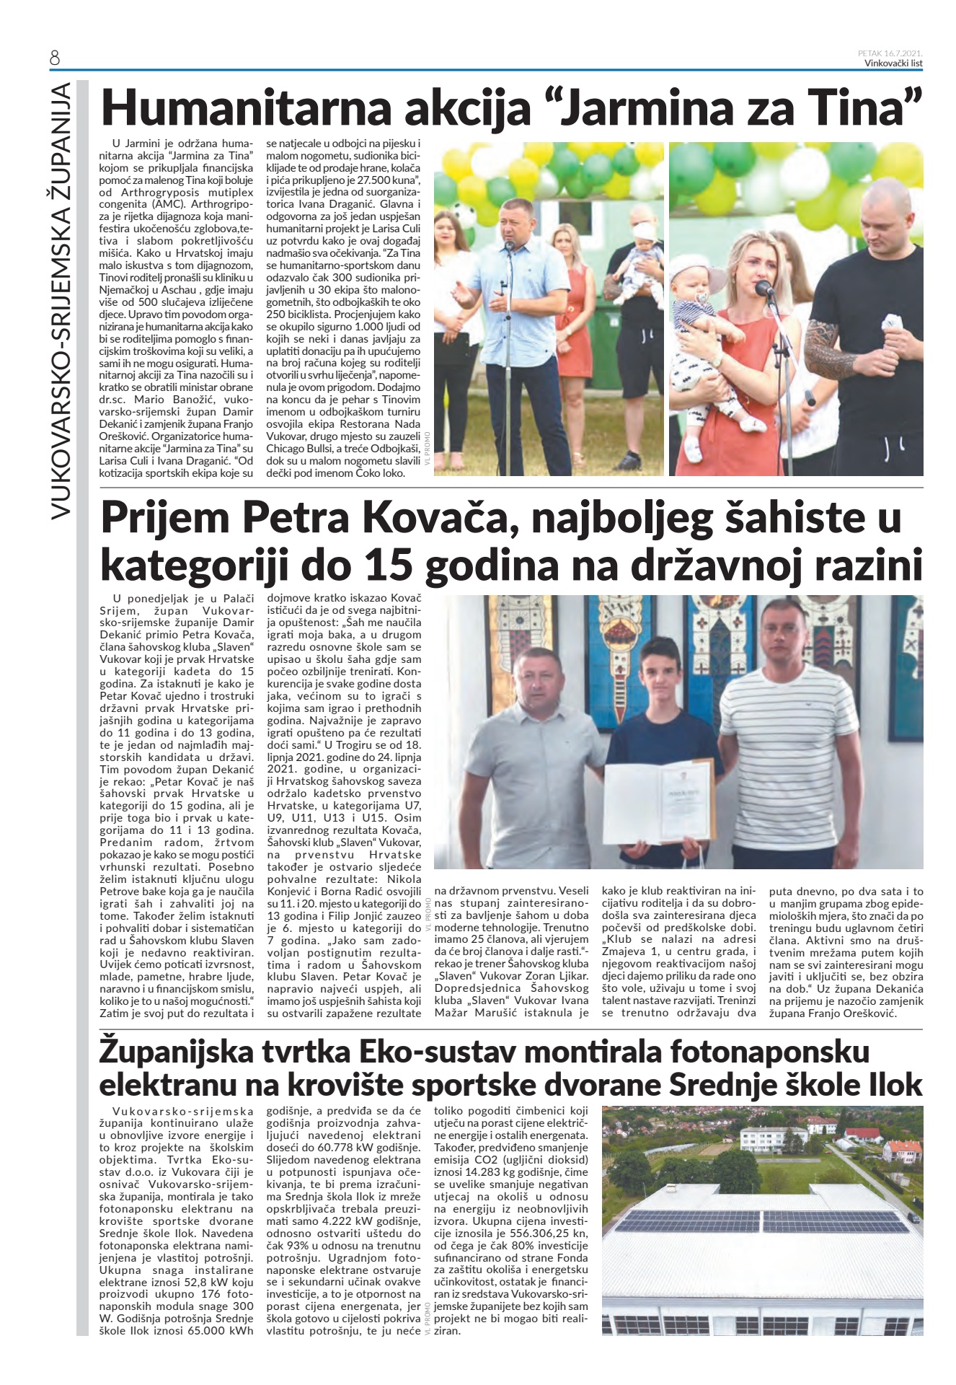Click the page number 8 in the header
pos(55,58)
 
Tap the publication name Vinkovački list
pos(893,63)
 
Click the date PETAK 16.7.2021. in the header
pos(890,53)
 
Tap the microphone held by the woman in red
pos(764,289)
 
